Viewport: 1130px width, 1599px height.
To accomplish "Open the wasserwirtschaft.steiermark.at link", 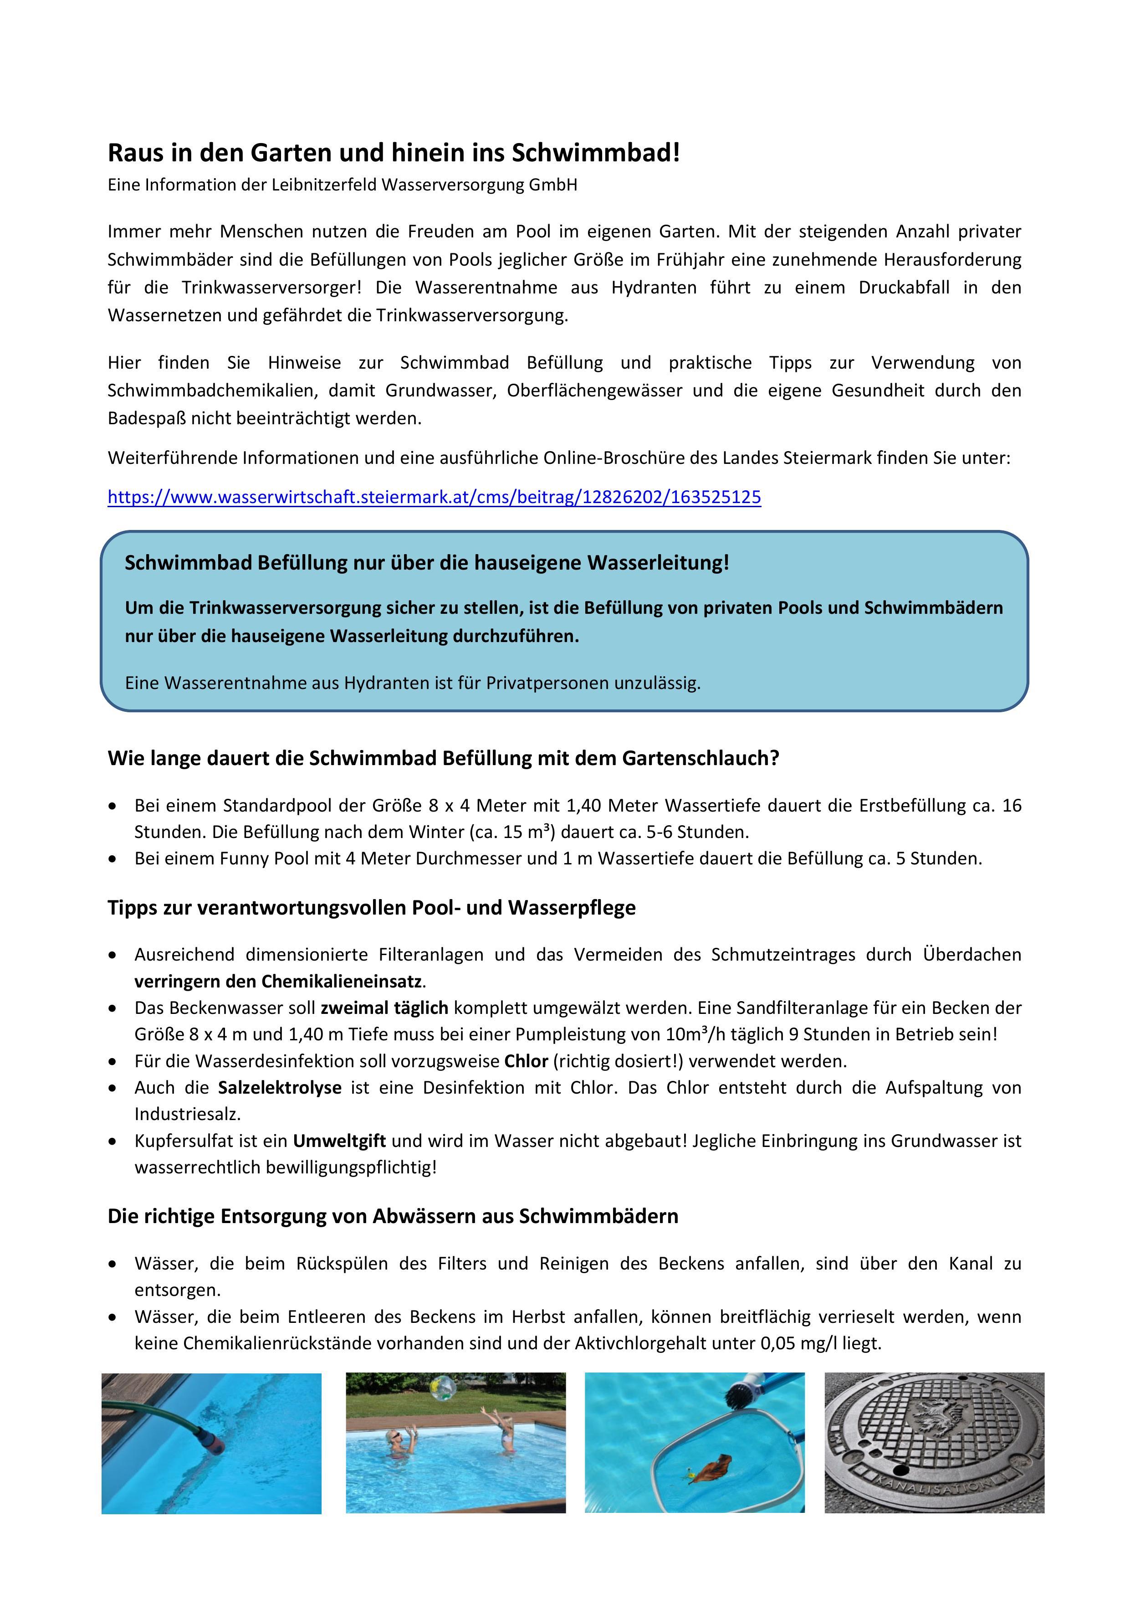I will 434,497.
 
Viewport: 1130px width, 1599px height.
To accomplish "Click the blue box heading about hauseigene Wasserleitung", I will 426,563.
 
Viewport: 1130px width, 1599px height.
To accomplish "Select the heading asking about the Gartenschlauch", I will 443,758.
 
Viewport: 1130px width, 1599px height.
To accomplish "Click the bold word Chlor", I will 527,1061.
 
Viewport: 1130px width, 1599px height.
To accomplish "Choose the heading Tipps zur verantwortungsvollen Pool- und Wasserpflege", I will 371,908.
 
